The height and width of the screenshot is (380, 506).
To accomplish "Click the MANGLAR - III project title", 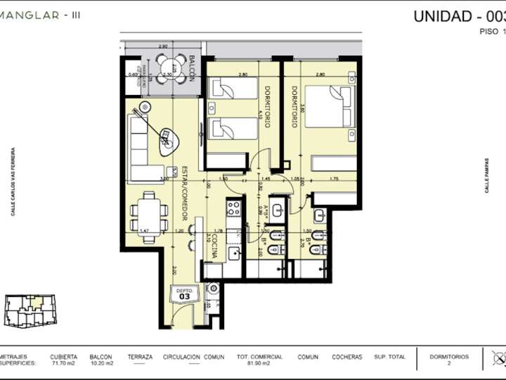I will (39, 15).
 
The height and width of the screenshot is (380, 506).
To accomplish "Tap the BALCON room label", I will (190, 68).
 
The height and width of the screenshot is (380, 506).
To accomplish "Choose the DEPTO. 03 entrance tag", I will (185, 294).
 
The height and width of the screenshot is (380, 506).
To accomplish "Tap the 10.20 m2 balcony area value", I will (100, 364).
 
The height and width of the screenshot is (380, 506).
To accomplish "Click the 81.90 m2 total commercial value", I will (259, 364).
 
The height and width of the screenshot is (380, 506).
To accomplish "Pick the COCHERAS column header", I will (346, 357).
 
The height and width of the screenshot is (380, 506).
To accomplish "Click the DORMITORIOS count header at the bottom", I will (449, 357).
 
